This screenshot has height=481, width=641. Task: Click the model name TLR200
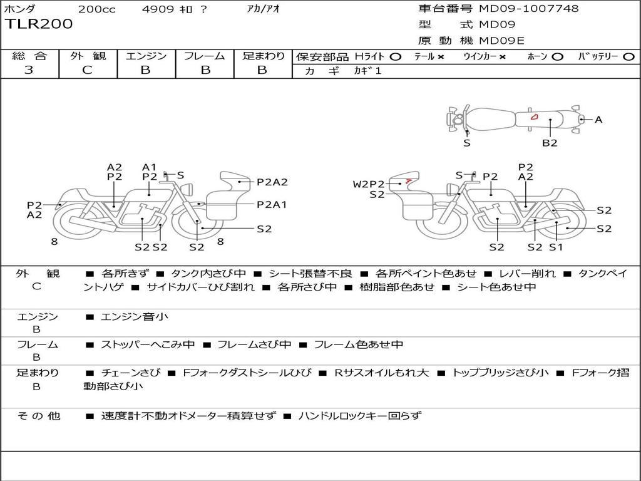pyautogui.click(x=39, y=24)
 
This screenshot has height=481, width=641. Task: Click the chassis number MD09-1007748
pyautogui.click(x=528, y=8)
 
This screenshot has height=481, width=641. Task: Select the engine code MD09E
pyautogui.click(x=501, y=41)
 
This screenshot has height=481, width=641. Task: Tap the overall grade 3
pyautogui.click(x=29, y=70)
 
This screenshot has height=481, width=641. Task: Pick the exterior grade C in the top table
pyautogui.click(x=88, y=70)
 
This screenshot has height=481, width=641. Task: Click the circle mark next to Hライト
pyautogui.click(x=396, y=57)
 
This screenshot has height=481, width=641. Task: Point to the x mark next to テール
pyautogui.click(x=441, y=57)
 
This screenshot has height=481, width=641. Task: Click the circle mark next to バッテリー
pyautogui.click(x=628, y=57)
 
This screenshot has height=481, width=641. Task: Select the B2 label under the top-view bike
pyautogui.click(x=550, y=143)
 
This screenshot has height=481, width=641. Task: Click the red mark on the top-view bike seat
pyautogui.click(x=534, y=117)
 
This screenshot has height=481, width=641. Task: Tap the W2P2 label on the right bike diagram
pyautogui.click(x=369, y=184)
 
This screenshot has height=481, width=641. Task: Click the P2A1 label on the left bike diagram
pyautogui.click(x=272, y=205)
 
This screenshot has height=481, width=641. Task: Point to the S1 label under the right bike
pyautogui.click(x=556, y=247)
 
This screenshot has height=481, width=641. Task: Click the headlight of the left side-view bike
pyautogui.click(x=188, y=190)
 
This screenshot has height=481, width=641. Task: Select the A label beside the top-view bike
pyautogui.click(x=598, y=120)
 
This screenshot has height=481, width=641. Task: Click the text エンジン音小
pyautogui.click(x=135, y=316)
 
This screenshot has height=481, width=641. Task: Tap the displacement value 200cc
pyautogui.click(x=97, y=9)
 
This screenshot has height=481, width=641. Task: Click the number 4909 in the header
pyautogui.click(x=158, y=9)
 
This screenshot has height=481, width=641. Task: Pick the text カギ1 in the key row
pyautogui.click(x=367, y=71)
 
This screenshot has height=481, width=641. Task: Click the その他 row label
pyautogui.click(x=38, y=416)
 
